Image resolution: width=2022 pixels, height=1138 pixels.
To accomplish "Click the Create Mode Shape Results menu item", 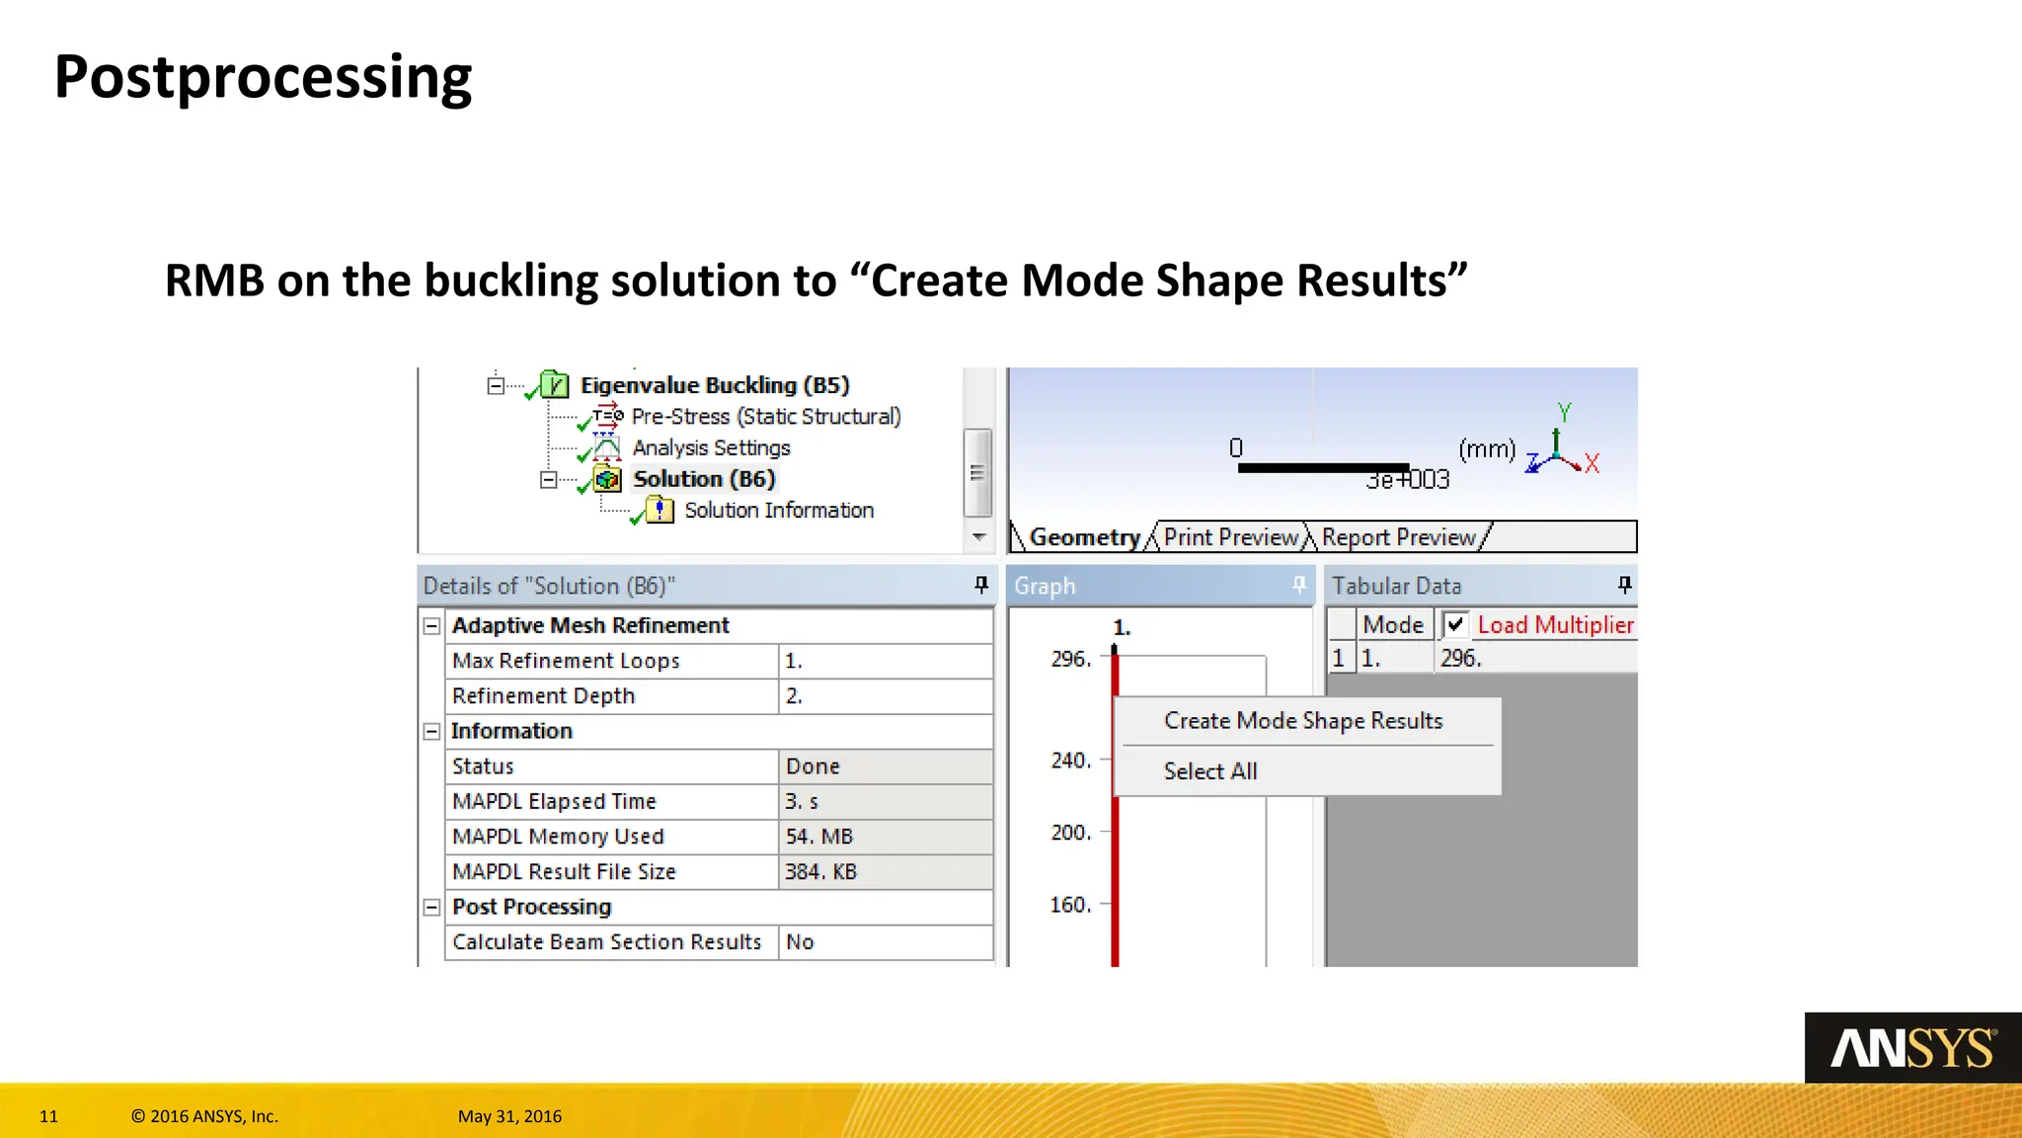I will pyautogui.click(x=1302, y=721).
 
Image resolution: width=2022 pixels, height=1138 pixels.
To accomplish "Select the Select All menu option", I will pyautogui.click(x=1209, y=772).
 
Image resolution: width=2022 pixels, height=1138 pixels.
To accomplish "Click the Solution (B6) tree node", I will pyautogui.click(x=703, y=479).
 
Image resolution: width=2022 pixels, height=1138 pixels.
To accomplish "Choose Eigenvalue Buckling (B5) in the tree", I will pyautogui.click(x=714, y=385).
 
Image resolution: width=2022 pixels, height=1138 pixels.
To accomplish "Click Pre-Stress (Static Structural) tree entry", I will pyautogui.click(x=765, y=417).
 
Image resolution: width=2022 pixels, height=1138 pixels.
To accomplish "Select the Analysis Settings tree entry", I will pyautogui.click(x=711, y=448).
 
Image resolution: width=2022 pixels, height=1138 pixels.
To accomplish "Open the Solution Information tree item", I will pyautogui.click(x=778, y=511).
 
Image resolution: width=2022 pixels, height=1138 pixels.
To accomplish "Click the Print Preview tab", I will pyautogui.click(x=1230, y=537).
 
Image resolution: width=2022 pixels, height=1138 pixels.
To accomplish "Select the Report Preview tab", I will pyautogui.click(x=1398, y=537).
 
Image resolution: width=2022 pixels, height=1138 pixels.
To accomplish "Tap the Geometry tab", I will pyautogui.click(x=1084, y=537).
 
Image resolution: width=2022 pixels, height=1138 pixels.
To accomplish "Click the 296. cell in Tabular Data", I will pyautogui.click(x=1461, y=659).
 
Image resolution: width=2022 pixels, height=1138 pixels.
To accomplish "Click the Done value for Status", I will pyautogui.click(x=812, y=767).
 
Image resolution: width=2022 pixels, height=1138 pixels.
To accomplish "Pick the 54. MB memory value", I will pyautogui.click(x=818, y=837).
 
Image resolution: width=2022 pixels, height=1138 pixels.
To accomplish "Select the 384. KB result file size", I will pyautogui.click(x=820, y=872).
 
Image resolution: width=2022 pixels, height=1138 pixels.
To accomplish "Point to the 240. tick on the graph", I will pyautogui.click(x=1071, y=761).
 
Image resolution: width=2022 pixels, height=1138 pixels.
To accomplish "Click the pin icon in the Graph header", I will pyautogui.click(x=1299, y=585).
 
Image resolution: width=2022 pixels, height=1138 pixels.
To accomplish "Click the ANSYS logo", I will pyautogui.click(x=1912, y=1048).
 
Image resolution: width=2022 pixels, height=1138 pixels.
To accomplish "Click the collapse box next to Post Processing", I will pyautogui.click(x=431, y=908).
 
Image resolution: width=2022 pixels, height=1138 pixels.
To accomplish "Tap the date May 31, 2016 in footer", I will pyautogui.click(x=509, y=1116).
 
